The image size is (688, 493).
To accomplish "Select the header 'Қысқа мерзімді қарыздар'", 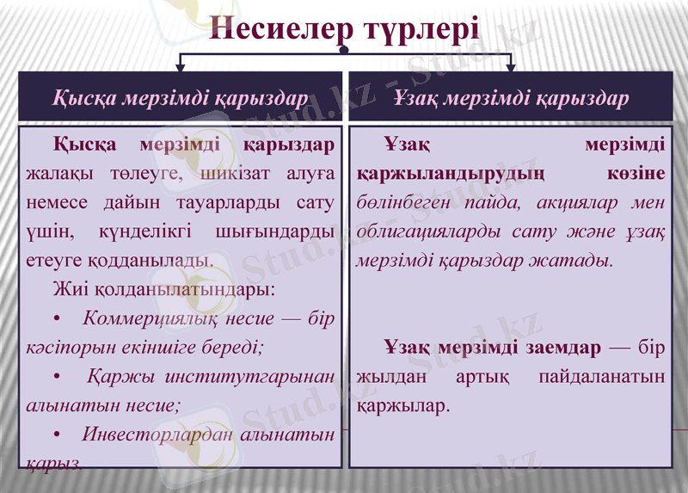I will tap(181, 98).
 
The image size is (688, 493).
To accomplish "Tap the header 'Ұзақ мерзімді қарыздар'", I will tap(511, 98).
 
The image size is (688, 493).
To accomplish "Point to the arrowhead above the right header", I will tap(510, 66).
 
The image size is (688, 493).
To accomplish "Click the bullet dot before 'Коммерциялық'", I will tap(57, 319).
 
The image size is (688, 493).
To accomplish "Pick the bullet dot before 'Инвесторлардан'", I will tap(57, 434).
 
